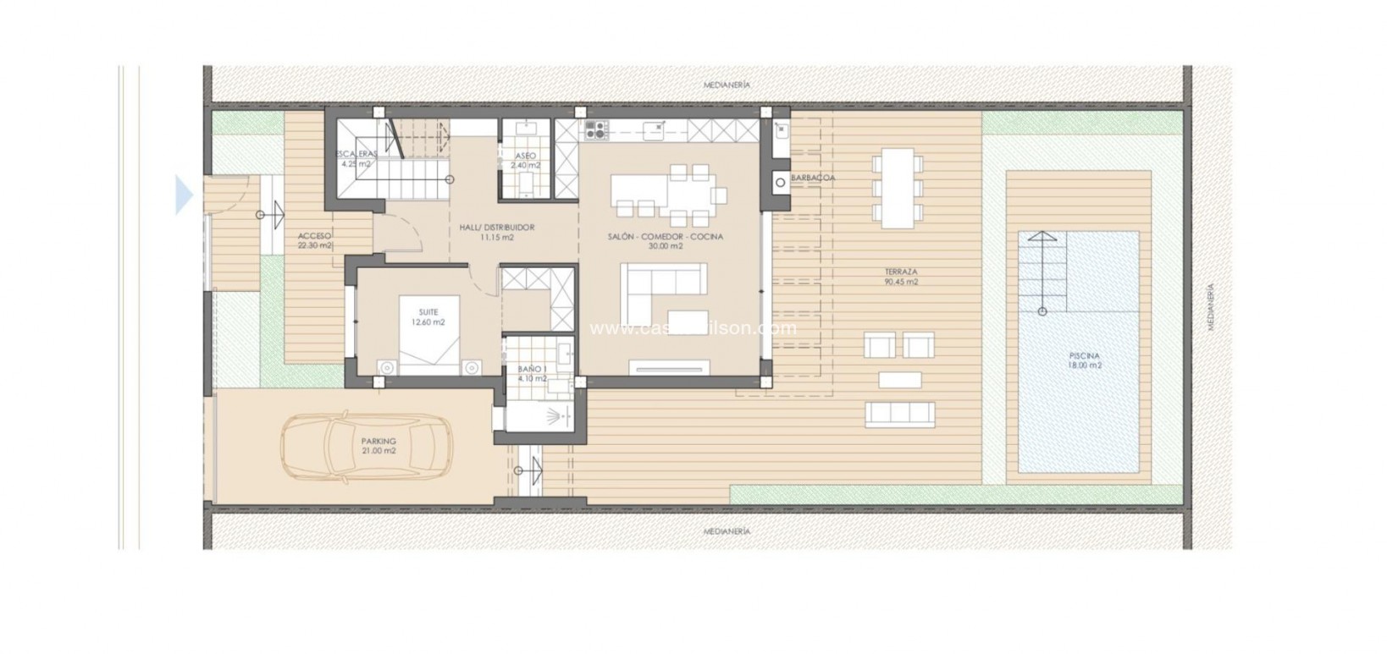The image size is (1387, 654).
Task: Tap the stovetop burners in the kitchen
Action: click(x=595, y=129)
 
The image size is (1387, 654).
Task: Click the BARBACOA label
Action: click(x=812, y=178)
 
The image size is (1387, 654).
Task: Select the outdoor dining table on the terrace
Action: click(x=898, y=187)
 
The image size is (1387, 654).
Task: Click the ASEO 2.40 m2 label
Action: click(x=525, y=161)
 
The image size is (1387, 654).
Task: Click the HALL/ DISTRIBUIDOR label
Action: click(x=495, y=233)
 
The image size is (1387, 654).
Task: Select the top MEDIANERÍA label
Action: click(x=727, y=85)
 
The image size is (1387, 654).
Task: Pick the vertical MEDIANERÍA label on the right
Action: click(x=1210, y=306)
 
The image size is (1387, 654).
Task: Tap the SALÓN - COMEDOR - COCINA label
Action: click(x=665, y=241)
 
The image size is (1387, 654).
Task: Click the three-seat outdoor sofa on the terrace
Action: click(x=899, y=413)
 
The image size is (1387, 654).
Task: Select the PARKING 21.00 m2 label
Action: click(x=378, y=446)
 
